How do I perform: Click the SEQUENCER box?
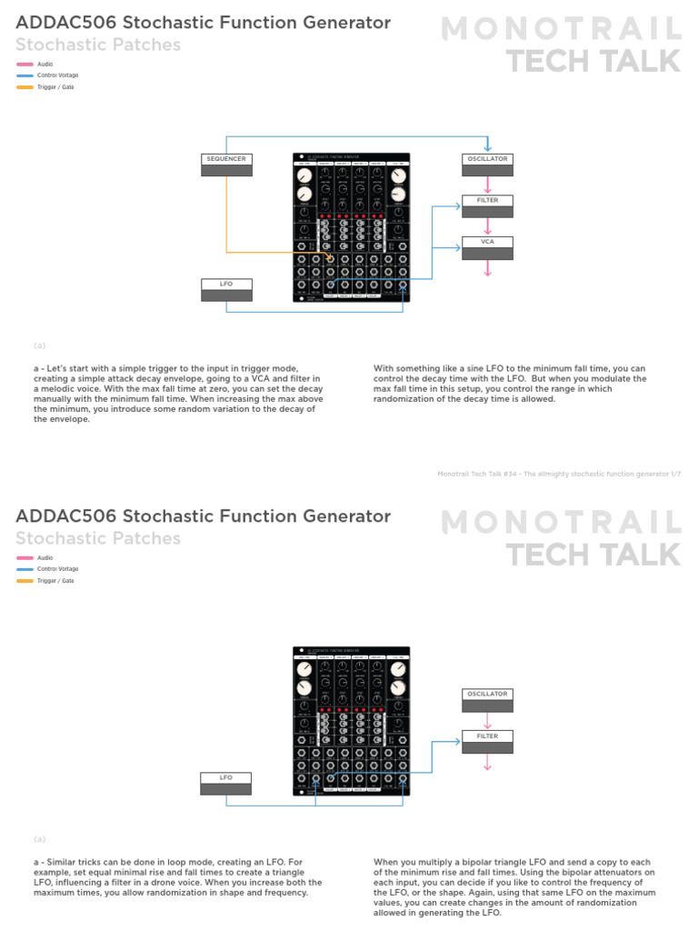(226, 165)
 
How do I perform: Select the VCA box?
(487, 248)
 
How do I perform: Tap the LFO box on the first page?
(226, 290)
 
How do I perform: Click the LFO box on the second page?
(226, 784)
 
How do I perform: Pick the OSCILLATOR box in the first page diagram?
(487, 165)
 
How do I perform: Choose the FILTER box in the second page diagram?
(487, 742)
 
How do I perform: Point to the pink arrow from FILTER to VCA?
(487, 226)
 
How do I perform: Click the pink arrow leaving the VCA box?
(487, 268)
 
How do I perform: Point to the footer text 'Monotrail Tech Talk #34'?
(486, 474)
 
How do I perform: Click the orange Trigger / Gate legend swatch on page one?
(25, 87)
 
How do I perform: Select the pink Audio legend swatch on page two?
(25, 558)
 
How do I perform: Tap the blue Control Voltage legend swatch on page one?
(25, 75)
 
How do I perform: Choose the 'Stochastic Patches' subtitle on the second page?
(98, 538)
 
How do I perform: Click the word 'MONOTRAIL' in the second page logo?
(561, 524)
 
